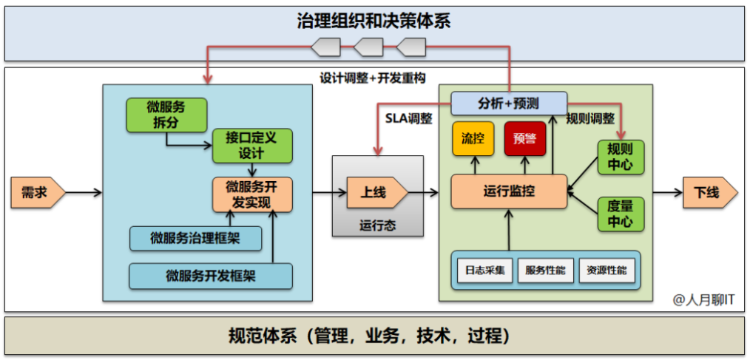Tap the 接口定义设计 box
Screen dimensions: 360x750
pyautogui.click(x=252, y=146)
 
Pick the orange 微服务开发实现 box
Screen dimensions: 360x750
pyautogui.click(x=252, y=194)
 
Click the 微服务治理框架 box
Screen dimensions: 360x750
pyautogui.click(x=195, y=238)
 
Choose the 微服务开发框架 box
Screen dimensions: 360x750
pyautogui.click(x=210, y=276)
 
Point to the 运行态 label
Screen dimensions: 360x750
pyautogui.click(x=377, y=225)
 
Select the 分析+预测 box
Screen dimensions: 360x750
pyautogui.click(x=508, y=102)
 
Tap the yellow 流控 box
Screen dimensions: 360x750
pyautogui.click(x=473, y=138)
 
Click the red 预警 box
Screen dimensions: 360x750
pyautogui.click(x=524, y=138)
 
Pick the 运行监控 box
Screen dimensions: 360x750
pyautogui.click(x=509, y=191)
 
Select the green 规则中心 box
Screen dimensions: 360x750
pyautogui.click(x=620, y=156)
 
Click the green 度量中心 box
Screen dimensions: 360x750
pyautogui.click(x=620, y=214)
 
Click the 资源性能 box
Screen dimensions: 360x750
pyautogui.click(x=606, y=271)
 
